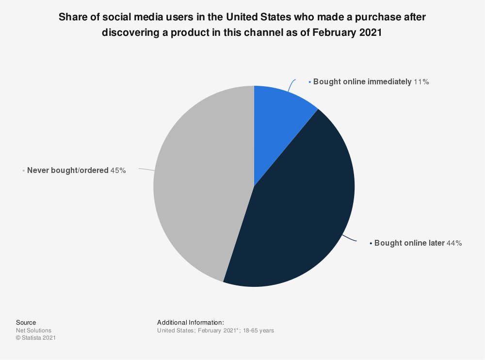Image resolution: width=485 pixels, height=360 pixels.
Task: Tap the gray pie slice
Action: [199, 184]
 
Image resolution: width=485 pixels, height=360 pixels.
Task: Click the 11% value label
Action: [421, 82]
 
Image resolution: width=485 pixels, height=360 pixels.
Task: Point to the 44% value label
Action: [454, 243]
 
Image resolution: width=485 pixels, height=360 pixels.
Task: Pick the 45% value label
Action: [118, 171]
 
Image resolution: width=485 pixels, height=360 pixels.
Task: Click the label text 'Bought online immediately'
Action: [362, 82]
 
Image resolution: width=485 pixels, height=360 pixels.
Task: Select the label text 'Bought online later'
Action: [409, 243]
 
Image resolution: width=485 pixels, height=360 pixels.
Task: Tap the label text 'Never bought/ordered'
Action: [67, 171]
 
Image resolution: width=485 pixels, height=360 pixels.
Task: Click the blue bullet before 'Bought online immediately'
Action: [310, 82]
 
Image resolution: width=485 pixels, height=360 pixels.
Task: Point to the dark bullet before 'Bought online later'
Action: [371, 244]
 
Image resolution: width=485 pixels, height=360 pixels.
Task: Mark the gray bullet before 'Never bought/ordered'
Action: [24, 171]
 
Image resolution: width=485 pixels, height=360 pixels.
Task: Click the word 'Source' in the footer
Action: [26, 323]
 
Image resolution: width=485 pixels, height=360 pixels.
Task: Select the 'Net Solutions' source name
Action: [33, 330]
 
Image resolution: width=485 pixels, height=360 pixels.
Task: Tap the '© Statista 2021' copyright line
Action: [36, 338]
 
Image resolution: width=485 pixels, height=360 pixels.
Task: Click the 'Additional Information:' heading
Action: [190, 323]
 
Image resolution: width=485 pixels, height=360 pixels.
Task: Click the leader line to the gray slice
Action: [146, 170]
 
